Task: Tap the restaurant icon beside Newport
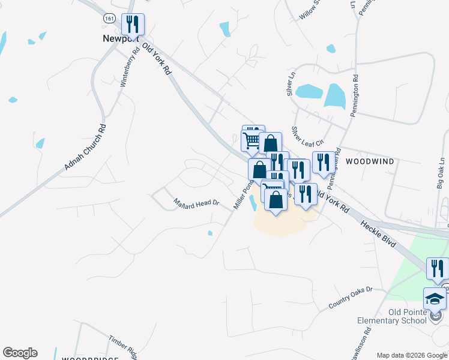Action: pyautogui.click(x=133, y=24)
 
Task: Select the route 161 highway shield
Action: pyautogui.click(x=109, y=19)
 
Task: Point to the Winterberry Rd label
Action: pyautogui.click(x=130, y=67)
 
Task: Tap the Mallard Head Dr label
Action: pyautogui.click(x=197, y=203)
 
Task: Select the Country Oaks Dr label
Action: pyautogui.click(x=351, y=298)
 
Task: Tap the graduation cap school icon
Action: pyautogui.click(x=435, y=299)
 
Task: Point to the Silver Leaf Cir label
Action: pyautogui.click(x=307, y=136)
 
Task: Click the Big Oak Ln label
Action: pyautogui.click(x=441, y=173)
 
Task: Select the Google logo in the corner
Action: pyautogui.click(x=20, y=353)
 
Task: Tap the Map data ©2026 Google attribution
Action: pyautogui.click(x=412, y=355)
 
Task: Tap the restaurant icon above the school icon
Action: pyautogui.click(x=438, y=268)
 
